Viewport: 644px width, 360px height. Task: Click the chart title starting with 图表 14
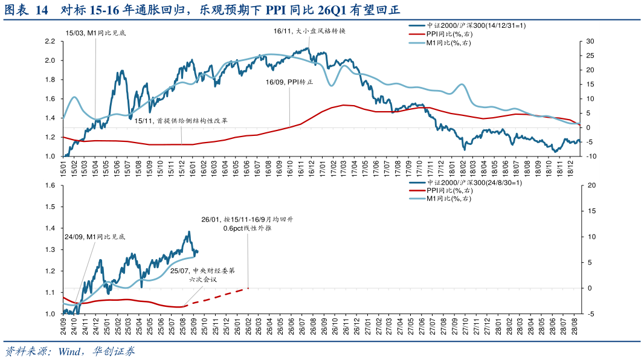click(x=202, y=10)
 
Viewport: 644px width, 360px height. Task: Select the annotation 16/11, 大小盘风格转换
click(x=309, y=31)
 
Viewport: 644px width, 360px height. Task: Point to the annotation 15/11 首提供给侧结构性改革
click(x=181, y=121)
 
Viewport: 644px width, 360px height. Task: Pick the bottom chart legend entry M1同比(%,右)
click(x=448, y=199)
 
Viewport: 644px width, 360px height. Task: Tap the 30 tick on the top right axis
click(x=590, y=41)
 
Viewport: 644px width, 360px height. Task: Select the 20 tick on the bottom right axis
click(x=590, y=185)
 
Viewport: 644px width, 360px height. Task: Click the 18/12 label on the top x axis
click(x=570, y=167)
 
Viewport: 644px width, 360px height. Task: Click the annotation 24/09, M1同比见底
click(x=95, y=237)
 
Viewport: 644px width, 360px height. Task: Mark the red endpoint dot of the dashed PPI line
click(x=248, y=288)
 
